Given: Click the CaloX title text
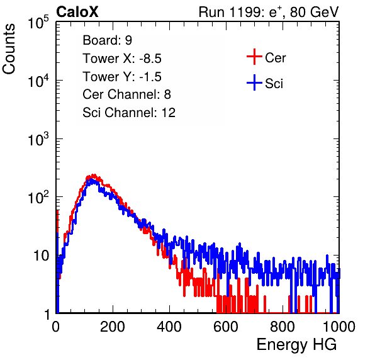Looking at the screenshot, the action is pos(77,11).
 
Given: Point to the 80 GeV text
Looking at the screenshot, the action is pos(314,12).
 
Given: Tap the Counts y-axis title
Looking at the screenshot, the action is pos(9,49).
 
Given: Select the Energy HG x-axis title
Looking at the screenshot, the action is pos(296,344).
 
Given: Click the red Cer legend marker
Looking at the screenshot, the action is pos(254,57).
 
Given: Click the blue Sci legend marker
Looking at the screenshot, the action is pos(254,82).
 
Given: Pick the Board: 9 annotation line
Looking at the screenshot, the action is pos(108,40).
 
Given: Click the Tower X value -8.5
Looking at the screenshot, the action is pos(150,59).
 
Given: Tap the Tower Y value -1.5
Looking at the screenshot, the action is pos(150,77).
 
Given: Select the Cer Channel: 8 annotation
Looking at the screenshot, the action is pos(126,94).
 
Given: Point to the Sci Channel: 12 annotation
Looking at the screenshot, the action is pos(129,113).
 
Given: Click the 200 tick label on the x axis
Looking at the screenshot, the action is pos(113,327).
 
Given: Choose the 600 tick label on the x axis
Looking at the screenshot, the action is pos(226,327).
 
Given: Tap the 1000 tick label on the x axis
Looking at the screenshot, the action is pos(339,327).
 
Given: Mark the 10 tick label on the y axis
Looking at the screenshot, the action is pos(41,256).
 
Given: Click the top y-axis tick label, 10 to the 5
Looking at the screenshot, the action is pos(38,22).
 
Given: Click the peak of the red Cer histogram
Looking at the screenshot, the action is pos(94,175).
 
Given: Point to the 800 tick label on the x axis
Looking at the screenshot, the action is pos(283,327).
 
